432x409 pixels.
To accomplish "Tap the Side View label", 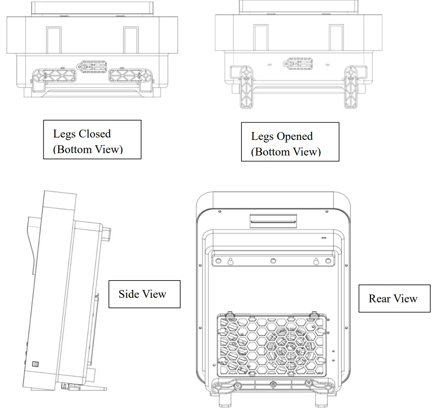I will [x=142, y=294].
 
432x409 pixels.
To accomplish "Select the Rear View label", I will [x=393, y=299].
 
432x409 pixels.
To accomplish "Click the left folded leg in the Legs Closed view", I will [x=54, y=75].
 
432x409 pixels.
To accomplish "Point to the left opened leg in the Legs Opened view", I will [x=246, y=87].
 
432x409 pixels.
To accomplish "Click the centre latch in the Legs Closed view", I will [x=94, y=66].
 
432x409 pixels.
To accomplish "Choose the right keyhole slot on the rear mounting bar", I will [x=316, y=261].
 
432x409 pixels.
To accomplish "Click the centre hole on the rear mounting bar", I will [x=273, y=261].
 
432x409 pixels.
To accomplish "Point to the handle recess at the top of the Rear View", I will [x=273, y=220].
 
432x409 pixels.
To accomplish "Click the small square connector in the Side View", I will [x=35, y=364].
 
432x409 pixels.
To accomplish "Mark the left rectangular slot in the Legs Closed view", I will [x=54, y=40].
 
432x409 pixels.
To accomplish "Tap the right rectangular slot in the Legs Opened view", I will [x=336, y=37].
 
